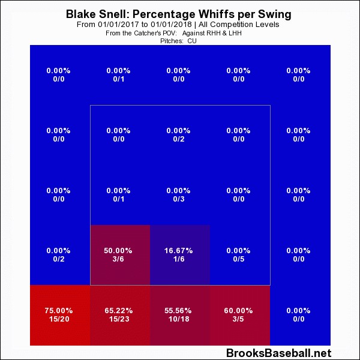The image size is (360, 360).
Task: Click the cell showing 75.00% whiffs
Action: [x=59, y=314]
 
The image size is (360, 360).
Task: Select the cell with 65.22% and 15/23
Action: [x=119, y=314]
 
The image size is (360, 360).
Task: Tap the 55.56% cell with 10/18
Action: [x=179, y=314]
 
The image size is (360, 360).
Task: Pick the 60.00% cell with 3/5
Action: [x=239, y=314]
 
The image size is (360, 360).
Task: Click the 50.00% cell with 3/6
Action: [x=119, y=254]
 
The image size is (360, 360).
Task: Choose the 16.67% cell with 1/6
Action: [x=179, y=254]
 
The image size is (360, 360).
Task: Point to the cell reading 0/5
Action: [x=239, y=254]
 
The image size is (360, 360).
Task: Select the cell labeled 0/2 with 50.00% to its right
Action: [x=59, y=254]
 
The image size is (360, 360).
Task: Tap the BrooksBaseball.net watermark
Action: [x=279, y=353]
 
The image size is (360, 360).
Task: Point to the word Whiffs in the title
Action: [x=225, y=14]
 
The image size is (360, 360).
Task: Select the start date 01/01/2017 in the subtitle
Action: [x=122, y=25]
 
